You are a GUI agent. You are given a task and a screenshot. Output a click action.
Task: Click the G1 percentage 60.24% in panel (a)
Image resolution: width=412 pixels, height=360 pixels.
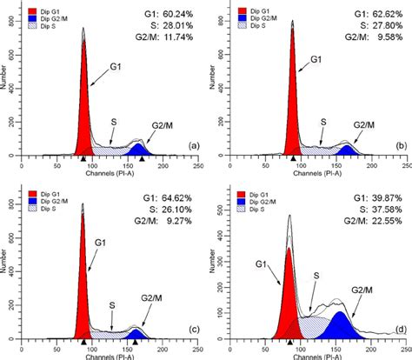pos(177,15)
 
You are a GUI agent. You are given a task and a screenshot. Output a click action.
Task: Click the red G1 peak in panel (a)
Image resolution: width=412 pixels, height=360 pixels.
pos(84,104)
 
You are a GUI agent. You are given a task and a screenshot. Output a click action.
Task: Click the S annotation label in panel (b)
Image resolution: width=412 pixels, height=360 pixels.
pos(323,123)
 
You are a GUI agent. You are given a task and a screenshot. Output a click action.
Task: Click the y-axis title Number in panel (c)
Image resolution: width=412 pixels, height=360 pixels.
pos(6,266)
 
